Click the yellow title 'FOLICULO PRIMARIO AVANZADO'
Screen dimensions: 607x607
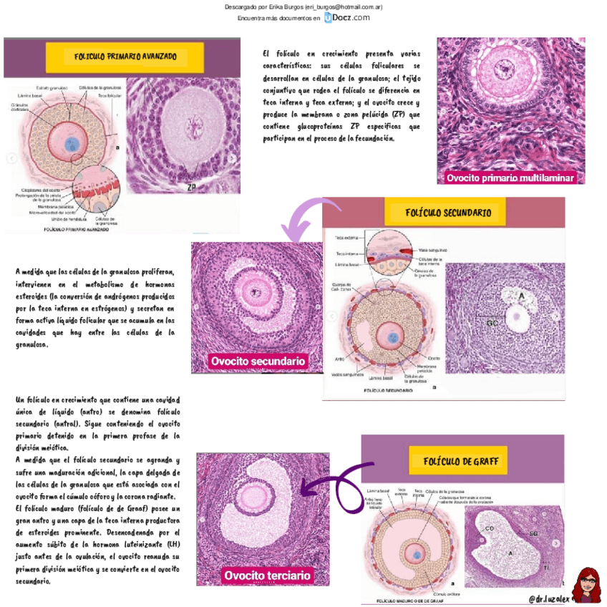[x=125, y=57]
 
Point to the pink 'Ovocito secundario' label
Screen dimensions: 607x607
[x=258, y=361]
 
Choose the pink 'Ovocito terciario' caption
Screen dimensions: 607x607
[x=267, y=576]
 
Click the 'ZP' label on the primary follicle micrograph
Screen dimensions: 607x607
[x=191, y=187]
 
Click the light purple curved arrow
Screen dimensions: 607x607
[x=304, y=218]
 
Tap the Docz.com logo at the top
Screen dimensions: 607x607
[x=347, y=17]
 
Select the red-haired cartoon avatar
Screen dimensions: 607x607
[x=587, y=585]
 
